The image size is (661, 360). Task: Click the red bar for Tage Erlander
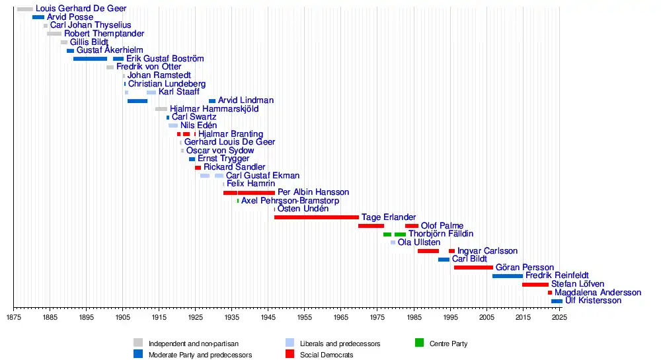coord(317,217)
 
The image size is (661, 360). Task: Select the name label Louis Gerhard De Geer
coord(81,9)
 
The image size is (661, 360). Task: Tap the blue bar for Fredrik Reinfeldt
coord(508,275)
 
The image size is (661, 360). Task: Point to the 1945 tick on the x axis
coord(268,308)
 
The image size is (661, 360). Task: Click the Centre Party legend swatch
coord(419,343)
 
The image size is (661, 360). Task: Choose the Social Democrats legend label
coord(327,355)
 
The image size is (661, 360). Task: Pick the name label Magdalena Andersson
coord(598,292)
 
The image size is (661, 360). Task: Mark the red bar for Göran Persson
coord(473,268)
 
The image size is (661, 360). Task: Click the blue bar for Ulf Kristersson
coord(557,301)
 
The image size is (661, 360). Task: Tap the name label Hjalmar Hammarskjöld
coord(214,108)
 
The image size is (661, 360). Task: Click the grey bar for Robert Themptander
coord(54,34)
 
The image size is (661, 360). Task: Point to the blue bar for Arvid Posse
coord(38,17)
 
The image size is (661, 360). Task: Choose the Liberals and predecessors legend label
coord(340,343)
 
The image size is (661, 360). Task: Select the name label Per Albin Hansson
coord(313,192)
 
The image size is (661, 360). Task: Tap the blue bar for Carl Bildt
coord(444,259)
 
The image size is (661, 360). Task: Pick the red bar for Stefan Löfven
coord(535,284)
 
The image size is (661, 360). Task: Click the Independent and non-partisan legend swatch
coord(138,343)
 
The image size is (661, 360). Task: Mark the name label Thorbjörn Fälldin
coord(441,234)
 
